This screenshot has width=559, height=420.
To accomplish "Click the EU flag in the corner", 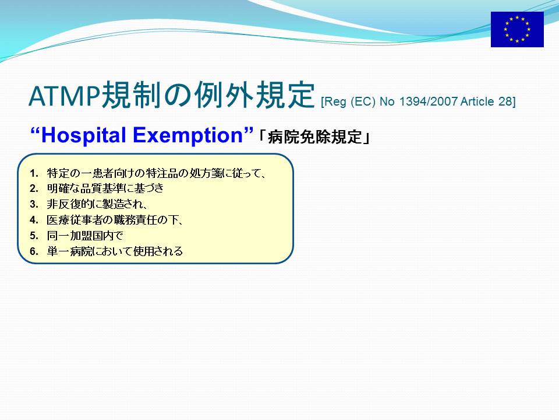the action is pyautogui.click(x=517, y=29).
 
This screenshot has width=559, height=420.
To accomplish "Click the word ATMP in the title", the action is pyautogui.click(x=65, y=96).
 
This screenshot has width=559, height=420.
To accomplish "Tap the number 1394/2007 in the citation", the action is pyautogui.click(x=428, y=101).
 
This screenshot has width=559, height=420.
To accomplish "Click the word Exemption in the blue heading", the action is pyautogui.click(x=187, y=136).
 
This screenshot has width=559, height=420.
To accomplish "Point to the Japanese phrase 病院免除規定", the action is pyautogui.click(x=315, y=136).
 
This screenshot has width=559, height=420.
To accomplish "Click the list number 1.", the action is pyautogui.click(x=34, y=174).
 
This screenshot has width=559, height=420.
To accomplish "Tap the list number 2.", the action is pyautogui.click(x=34, y=188).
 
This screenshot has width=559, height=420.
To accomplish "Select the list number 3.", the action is pyautogui.click(x=34, y=204).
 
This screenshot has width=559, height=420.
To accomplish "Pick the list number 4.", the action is pyautogui.click(x=34, y=220).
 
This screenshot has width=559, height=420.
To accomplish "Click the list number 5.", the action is pyautogui.click(x=34, y=236).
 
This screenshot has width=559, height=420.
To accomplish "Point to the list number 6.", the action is pyautogui.click(x=34, y=251).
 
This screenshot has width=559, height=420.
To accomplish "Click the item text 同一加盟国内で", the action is pyautogui.click(x=85, y=236).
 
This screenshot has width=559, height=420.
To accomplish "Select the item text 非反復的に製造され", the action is pyautogui.click(x=94, y=204).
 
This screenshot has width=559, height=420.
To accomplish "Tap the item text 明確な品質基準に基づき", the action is pyautogui.click(x=105, y=188).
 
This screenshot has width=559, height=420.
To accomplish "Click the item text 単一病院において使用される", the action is pyautogui.click(x=115, y=251).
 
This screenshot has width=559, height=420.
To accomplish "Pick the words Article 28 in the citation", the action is pyautogui.click(x=486, y=101).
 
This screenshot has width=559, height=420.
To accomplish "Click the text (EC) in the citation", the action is pyautogui.click(x=363, y=101).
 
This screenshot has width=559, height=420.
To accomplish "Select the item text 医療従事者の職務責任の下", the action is pyautogui.click(x=112, y=220).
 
